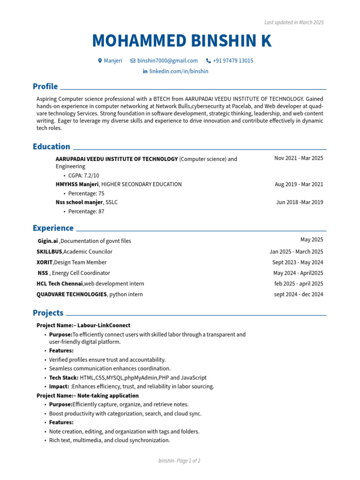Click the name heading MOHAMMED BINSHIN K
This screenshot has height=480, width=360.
(x=181, y=41)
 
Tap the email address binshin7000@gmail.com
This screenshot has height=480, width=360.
(x=167, y=60)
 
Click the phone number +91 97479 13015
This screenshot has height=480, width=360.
(x=233, y=60)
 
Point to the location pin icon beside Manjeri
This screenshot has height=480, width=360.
(x=100, y=60)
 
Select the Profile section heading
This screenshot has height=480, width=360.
(x=45, y=86)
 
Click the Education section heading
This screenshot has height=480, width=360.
(x=52, y=146)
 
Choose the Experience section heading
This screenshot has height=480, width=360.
(x=53, y=228)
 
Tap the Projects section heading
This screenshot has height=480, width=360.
(x=48, y=313)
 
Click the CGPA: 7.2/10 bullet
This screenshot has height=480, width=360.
(x=83, y=175)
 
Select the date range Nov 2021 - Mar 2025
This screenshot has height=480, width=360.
(x=299, y=158)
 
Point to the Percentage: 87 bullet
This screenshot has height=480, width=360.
(x=86, y=211)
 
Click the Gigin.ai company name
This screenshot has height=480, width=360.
(x=48, y=241)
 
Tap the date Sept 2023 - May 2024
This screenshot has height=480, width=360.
(x=298, y=262)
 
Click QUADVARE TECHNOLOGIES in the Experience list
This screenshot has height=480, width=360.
(x=72, y=294)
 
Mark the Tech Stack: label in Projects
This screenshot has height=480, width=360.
(x=64, y=377)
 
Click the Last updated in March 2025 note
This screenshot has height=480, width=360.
(x=294, y=22)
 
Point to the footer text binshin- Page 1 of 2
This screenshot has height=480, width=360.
(x=180, y=461)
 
